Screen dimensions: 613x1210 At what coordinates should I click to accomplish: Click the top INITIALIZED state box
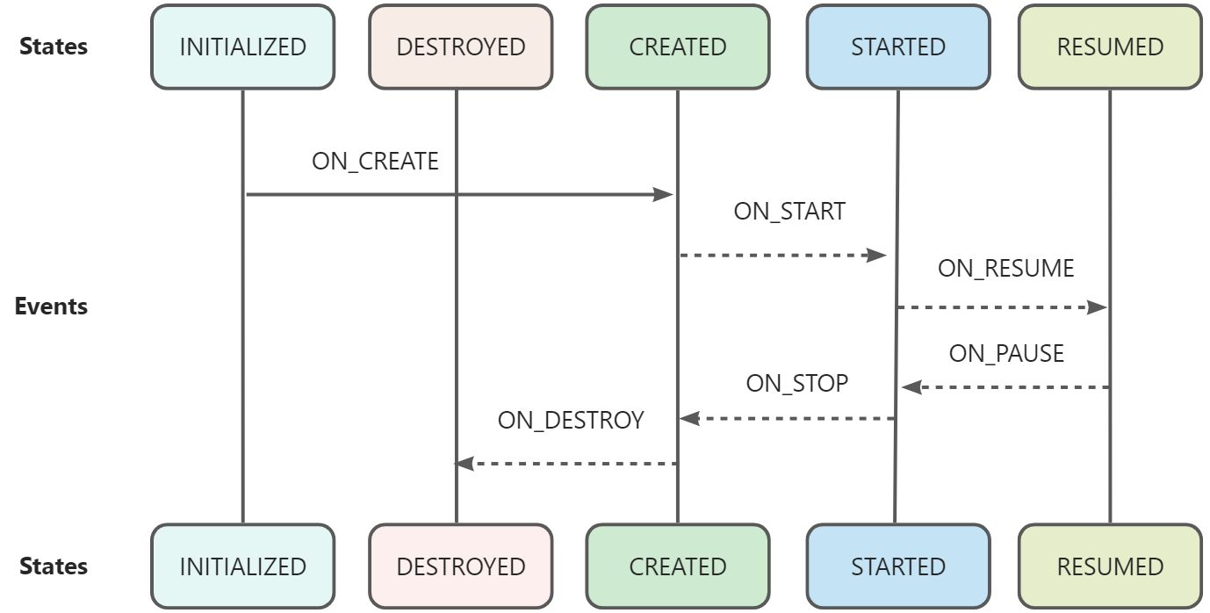point(242,47)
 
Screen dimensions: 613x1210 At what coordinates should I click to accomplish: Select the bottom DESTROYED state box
point(460,566)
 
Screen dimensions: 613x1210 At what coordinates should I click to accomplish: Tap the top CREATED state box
point(677,47)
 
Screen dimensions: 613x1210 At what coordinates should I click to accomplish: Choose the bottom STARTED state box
point(897,566)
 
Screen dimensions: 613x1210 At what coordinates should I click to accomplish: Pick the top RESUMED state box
point(1109,47)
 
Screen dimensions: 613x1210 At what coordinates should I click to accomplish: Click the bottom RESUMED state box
point(1109,566)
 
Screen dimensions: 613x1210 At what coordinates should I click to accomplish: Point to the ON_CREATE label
point(375,162)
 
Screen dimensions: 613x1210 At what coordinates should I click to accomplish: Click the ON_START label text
point(789,212)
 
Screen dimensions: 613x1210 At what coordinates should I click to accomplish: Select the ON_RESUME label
point(1005,268)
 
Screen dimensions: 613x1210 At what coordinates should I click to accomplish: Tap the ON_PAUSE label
point(1006,353)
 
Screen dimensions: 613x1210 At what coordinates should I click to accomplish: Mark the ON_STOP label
point(796,384)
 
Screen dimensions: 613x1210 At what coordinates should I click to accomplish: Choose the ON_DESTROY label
point(570,420)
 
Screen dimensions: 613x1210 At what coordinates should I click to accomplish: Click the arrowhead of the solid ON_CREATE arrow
point(664,195)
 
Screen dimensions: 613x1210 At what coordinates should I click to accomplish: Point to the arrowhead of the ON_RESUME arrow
point(1098,307)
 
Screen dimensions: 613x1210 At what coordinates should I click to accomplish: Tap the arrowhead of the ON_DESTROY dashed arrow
point(465,463)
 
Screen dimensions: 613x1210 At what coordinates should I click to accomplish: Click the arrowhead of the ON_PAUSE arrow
point(911,387)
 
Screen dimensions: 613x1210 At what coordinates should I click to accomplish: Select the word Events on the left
point(51,306)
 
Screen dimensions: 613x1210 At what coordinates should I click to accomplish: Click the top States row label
point(54,47)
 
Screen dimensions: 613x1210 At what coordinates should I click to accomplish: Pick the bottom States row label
point(54,566)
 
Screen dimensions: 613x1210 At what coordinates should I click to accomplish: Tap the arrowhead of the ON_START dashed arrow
point(877,256)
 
